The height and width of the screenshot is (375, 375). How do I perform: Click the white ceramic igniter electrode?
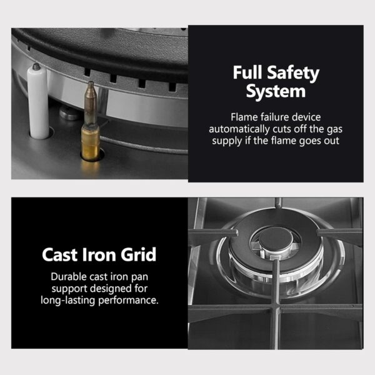point(37,102)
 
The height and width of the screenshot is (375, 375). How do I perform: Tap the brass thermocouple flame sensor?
point(91,120)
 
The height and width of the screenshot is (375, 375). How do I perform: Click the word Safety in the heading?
point(293,73)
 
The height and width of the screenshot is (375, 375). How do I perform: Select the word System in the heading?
point(276,91)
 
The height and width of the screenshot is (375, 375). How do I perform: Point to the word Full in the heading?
point(247,72)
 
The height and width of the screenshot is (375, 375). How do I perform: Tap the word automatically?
point(239,129)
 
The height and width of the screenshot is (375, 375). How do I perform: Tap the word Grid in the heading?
point(138,255)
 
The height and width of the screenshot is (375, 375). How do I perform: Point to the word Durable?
point(69,277)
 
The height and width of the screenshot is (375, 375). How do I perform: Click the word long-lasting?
point(68,301)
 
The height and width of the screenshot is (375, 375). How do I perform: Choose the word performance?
point(128,301)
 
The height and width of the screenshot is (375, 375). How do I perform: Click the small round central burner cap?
point(275,239)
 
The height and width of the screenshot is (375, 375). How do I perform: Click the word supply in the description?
point(227,141)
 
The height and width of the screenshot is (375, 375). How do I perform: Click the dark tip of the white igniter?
point(36,66)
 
